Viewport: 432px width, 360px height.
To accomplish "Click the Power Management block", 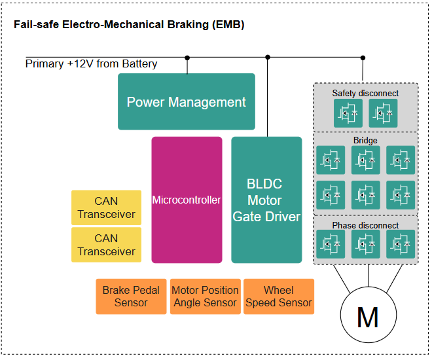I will (186, 101).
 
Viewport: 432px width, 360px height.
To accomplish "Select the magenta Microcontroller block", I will (187, 200).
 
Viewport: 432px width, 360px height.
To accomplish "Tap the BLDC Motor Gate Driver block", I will (266, 200).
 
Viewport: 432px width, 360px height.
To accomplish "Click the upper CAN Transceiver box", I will (106, 207).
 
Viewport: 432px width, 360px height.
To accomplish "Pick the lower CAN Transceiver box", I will (106, 245).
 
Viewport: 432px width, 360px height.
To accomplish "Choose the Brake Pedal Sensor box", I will (131, 297).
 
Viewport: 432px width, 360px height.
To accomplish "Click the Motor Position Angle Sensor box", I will (205, 297).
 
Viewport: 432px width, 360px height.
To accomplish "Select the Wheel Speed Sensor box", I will (279, 297).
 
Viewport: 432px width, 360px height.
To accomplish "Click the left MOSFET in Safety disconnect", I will (347, 113).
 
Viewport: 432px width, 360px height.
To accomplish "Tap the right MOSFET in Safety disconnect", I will (382, 113).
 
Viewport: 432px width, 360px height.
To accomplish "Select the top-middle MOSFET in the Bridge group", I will (365, 159).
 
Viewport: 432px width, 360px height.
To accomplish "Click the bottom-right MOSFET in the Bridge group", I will (400, 194).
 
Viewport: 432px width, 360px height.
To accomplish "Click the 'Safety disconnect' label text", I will (365, 94).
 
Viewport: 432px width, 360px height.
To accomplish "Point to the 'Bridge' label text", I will (365, 141).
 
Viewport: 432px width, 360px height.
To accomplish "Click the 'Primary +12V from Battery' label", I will (92, 64).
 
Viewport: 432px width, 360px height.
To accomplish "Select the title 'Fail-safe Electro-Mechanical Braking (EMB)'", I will (129, 25).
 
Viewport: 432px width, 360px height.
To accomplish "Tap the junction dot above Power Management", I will (187, 58).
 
